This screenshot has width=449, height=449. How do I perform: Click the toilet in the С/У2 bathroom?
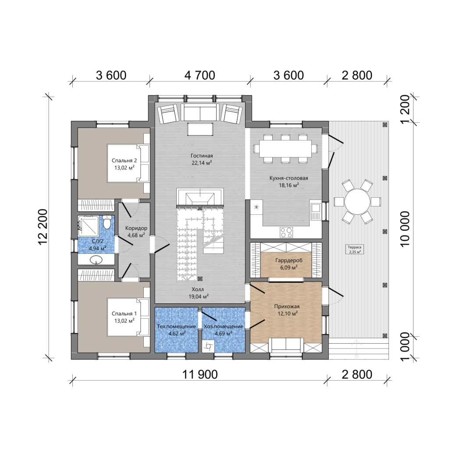tap(107, 222)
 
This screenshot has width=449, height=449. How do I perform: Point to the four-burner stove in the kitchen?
tap(286, 232)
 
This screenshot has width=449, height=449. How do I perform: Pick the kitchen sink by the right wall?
tap(316, 212)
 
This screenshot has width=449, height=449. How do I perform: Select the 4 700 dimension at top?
tap(200, 75)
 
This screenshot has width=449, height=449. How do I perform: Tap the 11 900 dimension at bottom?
tap(200, 374)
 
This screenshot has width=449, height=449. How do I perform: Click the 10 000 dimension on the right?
tap(405, 229)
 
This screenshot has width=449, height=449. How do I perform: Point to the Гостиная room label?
tap(202, 156)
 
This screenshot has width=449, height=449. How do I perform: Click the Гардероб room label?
tap(289, 260)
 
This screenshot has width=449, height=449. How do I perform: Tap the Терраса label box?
tap(354, 249)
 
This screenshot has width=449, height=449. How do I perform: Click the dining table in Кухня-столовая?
tap(285, 149)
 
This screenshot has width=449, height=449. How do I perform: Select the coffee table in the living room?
tap(200, 129)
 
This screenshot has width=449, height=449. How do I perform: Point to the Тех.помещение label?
tap(176, 326)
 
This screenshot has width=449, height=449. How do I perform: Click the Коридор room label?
tap(136, 228)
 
